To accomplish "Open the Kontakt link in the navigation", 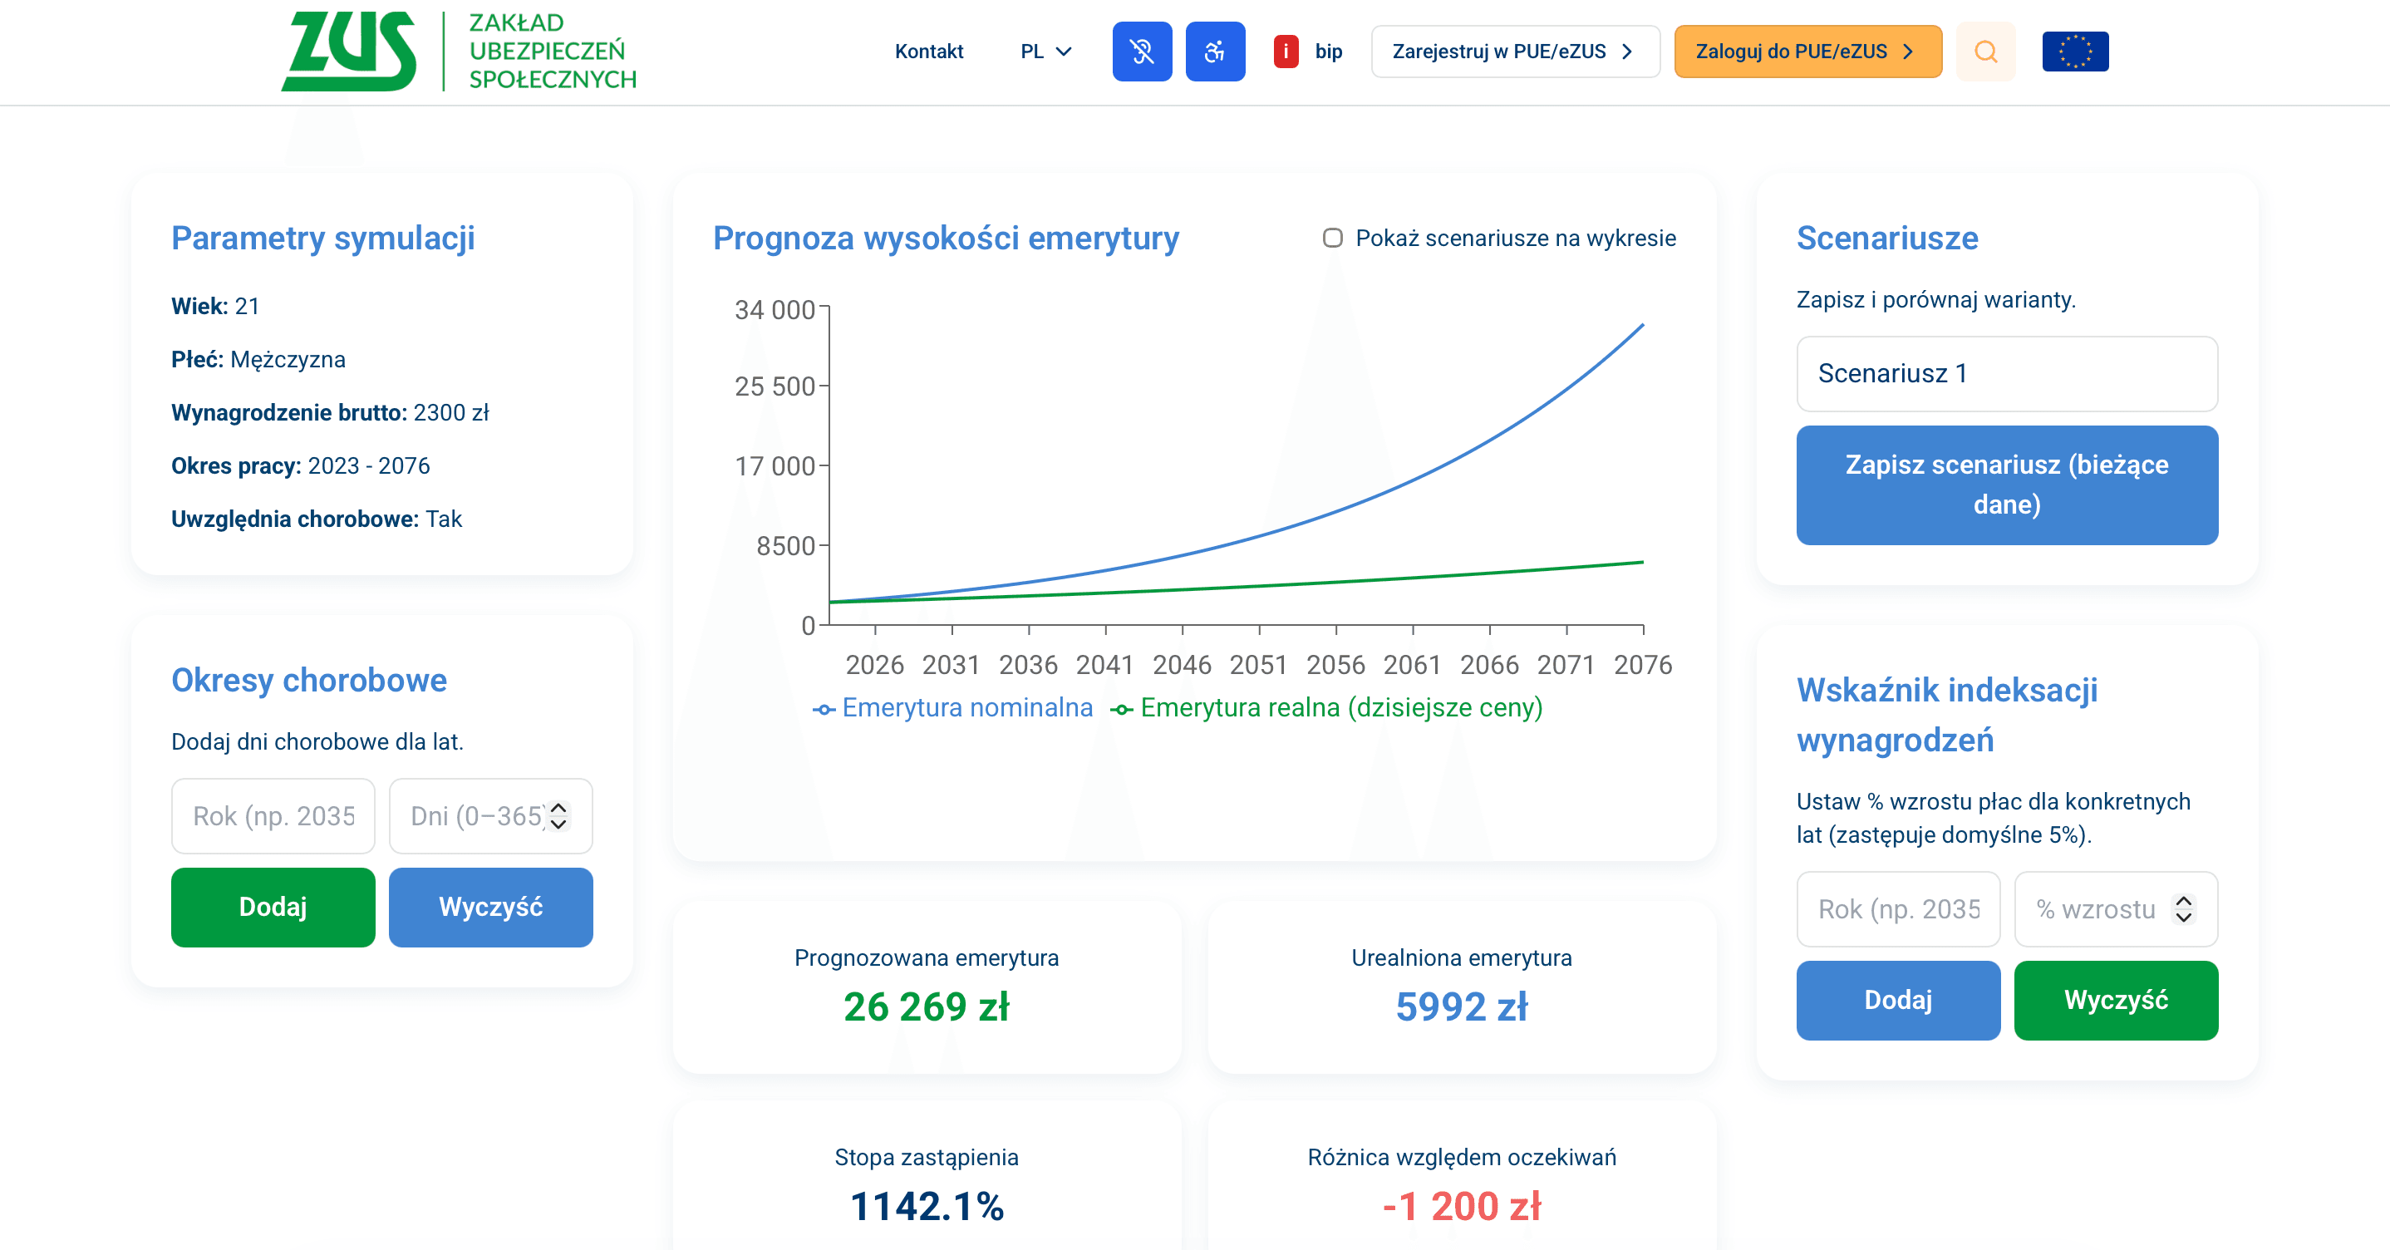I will [x=929, y=51].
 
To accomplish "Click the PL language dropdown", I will [x=1045, y=51].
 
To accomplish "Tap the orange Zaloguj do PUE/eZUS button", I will [x=1807, y=51].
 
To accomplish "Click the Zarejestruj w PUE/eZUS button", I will [x=1514, y=51].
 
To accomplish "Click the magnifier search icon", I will [x=1984, y=51].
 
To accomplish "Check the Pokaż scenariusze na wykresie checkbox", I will [x=1332, y=239].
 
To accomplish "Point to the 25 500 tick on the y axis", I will [x=775, y=386].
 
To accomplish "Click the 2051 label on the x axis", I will [x=1258, y=664].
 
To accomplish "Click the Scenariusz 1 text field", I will [x=2006, y=373].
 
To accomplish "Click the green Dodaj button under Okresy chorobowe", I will [x=273, y=907].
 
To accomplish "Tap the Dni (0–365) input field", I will [x=477, y=815].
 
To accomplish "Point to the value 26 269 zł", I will [x=926, y=1006].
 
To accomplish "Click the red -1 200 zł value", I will [x=1461, y=1207].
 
